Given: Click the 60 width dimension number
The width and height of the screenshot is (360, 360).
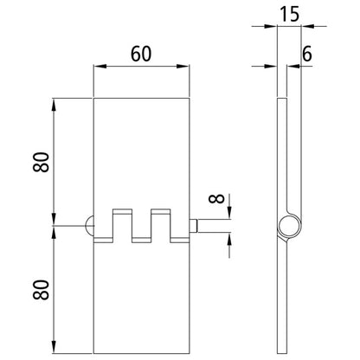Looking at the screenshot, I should coord(142,52).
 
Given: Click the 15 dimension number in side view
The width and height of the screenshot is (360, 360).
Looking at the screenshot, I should coord(289,15).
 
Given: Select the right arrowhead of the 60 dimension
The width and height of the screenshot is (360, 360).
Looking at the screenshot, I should coord(186,67).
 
